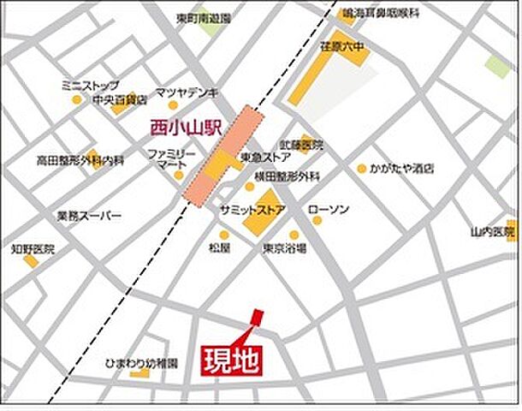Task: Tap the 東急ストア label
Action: (x=266, y=158)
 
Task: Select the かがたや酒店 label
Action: (x=402, y=168)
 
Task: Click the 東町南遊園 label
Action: (x=203, y=17)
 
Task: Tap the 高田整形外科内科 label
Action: (x=80, y=160)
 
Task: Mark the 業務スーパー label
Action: (x=89, y=216)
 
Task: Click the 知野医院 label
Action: (x=33, y=249)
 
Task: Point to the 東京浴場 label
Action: (x=285, y=247)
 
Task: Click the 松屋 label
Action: (x=220, y=248)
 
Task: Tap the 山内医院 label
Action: (x=492, y=231)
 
